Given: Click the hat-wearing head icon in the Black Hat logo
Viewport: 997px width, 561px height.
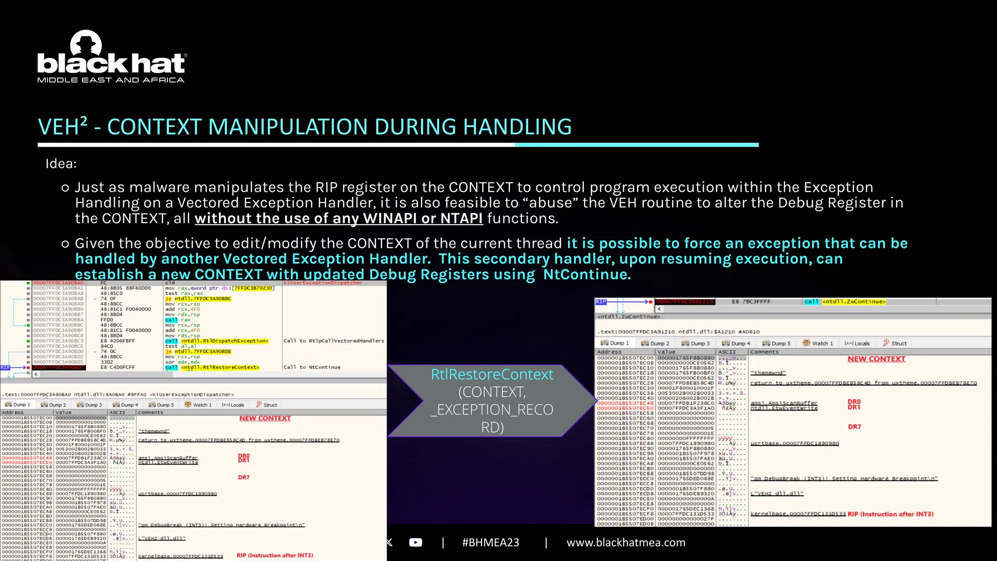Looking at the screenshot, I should click(86, 43).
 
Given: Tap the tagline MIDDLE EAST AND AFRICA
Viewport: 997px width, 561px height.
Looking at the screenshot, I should click(111, 80).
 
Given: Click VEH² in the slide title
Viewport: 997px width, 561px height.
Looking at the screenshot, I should click(62, 127).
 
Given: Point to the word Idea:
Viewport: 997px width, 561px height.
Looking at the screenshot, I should click(61, 164).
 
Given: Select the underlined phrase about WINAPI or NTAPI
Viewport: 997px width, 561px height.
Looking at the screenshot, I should click(338, 218).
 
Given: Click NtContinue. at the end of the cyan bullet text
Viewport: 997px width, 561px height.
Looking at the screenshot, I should click(587, 274).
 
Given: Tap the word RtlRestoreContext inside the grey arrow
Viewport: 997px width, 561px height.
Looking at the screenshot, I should click(492, 374).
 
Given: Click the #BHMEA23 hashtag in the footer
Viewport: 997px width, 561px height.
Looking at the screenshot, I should click(490, 542).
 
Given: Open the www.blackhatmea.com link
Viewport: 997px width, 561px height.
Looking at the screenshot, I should click(626, 542).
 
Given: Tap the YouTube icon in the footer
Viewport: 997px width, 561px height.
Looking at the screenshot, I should click(416, 542).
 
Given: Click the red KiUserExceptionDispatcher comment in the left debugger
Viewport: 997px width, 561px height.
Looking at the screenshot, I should click(323, 283).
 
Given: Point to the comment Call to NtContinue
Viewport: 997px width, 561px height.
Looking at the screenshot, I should click(312, 367).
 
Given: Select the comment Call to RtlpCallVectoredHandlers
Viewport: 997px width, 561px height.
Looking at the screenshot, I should click(333, 341).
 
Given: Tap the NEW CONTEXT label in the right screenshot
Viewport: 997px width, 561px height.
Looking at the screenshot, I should click(876, 359).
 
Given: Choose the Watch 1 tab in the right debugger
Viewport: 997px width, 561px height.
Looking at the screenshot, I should click(818, 343).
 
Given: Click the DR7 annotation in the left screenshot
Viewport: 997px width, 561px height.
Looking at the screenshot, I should click(244, 477).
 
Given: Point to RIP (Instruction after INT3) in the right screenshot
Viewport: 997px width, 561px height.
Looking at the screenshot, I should click(890, 514).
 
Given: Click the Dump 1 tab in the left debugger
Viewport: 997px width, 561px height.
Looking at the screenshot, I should click(18, 405).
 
